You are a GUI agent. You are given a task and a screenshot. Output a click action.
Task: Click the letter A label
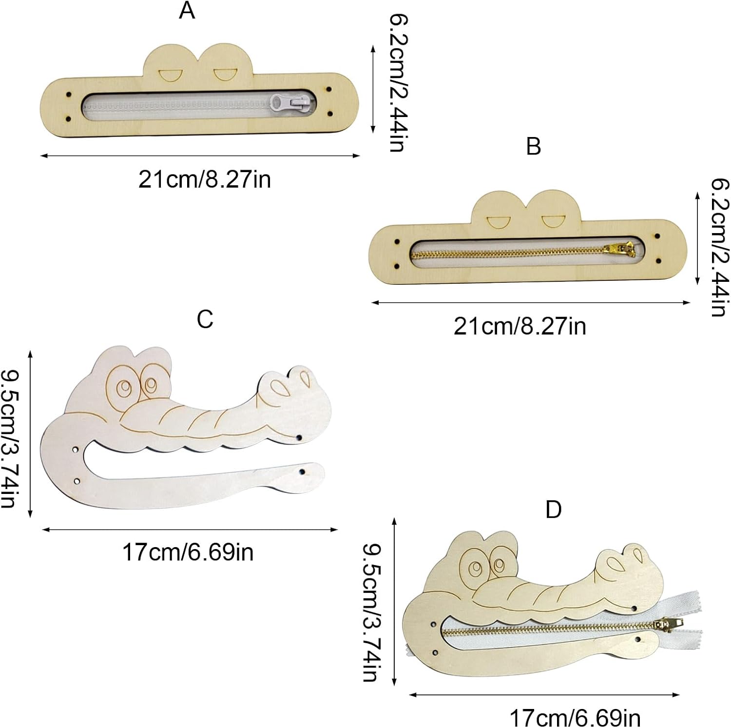tap(187, 10)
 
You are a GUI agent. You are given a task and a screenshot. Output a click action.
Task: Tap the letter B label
tap(534, 146)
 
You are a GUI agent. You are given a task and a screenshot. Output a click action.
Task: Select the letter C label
tap(205, 319)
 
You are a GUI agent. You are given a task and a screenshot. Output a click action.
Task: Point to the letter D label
tap(553, 510)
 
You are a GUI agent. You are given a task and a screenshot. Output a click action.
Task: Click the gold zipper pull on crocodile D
tap(668, 625)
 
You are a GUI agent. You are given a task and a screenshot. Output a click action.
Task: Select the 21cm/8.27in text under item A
tap(204, 179)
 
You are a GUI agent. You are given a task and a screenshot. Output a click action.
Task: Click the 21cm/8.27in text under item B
tap(519, 326)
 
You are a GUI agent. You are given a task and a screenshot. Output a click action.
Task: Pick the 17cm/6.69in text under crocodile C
tap(188, 552)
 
